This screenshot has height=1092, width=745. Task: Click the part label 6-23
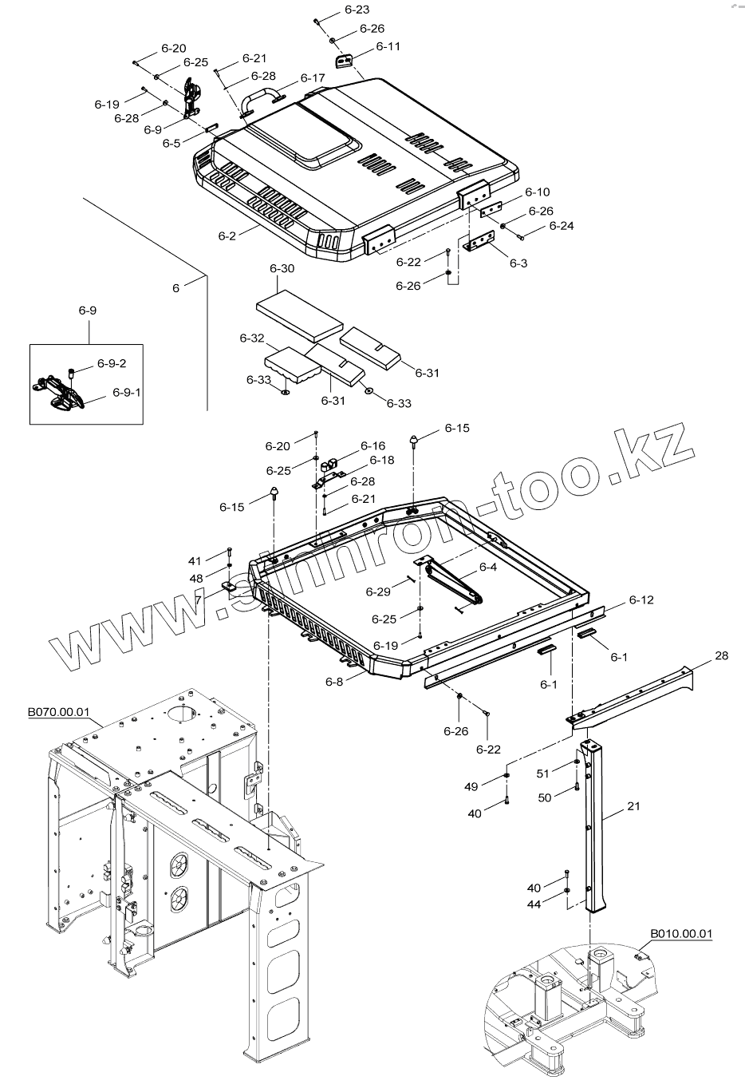357,10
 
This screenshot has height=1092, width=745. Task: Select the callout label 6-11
388,46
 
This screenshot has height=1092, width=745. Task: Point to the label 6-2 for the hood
227,235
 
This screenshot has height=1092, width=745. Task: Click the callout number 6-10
537,192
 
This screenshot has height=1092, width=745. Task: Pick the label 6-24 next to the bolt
561,226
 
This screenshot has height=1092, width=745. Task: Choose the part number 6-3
518,263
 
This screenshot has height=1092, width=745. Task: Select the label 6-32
251,338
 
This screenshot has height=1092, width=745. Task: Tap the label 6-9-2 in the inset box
112,363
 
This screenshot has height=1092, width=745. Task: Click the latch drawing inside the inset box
60,392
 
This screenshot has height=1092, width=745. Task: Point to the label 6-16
372,445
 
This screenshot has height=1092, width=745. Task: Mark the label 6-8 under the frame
334,682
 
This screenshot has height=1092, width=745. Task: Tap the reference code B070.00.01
58,712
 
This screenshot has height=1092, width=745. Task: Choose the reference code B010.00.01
681,933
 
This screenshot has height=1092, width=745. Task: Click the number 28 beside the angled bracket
721,655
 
